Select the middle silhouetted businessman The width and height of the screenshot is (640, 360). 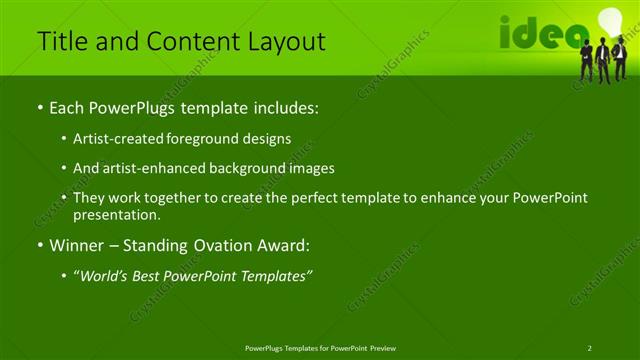[602, 62]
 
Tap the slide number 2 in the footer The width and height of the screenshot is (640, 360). [590, 347]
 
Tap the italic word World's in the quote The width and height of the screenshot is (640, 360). [108, 276]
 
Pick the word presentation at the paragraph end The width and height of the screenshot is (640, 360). [116, 214]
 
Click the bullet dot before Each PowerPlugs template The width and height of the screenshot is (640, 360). [39, 107]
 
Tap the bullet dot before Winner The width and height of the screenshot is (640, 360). [39, 245]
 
